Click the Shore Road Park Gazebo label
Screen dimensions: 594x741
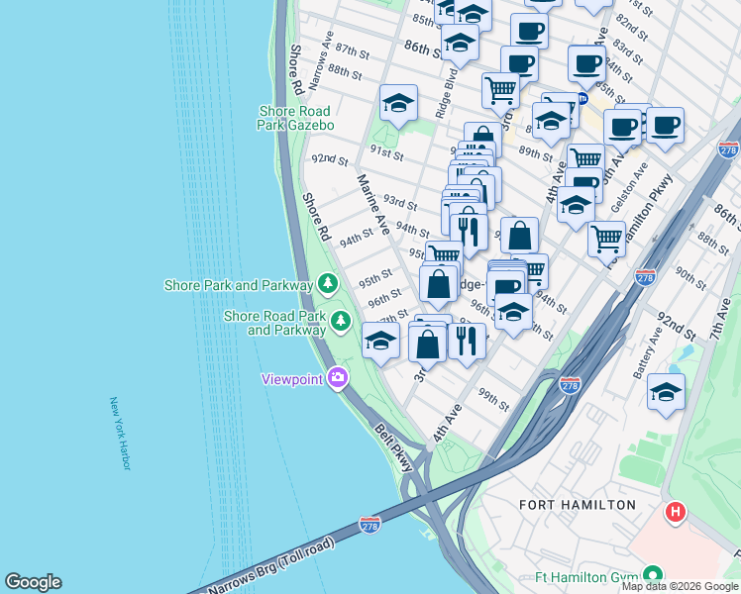pyautogui.click(x=296, y=119)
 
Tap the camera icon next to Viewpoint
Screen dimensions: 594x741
pyautogui.click(x=338, y=378)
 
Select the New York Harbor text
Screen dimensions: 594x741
pyautogui.click(x=120, y=434)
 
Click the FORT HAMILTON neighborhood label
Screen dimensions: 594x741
pyautogui.click(x=579, y=505)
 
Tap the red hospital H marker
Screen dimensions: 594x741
pyautogui.click(x=676, y=512)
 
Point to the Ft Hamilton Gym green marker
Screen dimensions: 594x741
pyautogui.click(x=652, y=574)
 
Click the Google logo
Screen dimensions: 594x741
pyautogui.click(x=33, y=582)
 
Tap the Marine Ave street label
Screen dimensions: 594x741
pyautogui.click(x=373, y=196)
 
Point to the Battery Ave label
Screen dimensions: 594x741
pyautogui.click(x=655, y=352)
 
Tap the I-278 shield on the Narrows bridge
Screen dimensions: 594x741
pyautogui.click(x=370, y=522)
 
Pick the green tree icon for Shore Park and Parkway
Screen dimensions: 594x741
pyautogui.click(x=328, y=285)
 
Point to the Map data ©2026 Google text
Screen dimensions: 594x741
pyautogui.click(x=680, y=586)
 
